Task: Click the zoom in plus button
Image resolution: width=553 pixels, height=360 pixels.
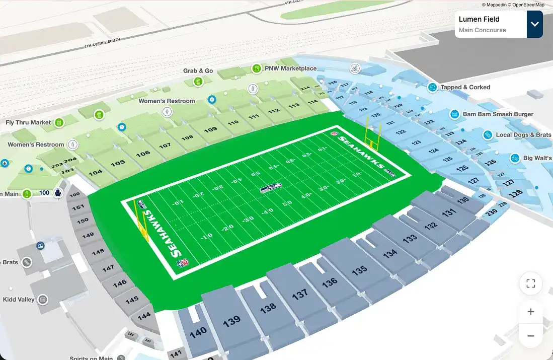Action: tap(530, 312)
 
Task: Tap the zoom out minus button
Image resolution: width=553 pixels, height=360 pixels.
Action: tap(530, 336)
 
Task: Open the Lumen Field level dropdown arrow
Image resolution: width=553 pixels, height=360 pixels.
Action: tap(534, 24)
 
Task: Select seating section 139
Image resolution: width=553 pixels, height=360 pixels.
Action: tap(231, 321)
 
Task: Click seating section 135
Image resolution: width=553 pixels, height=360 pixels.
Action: tap(359, 270)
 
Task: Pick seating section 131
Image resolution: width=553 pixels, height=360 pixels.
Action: tap(449, 213)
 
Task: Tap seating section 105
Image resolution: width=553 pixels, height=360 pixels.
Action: tap(118, 163)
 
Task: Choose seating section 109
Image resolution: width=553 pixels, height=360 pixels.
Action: tap(210, 130)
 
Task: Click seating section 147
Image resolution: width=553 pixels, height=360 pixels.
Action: tap(108, 268)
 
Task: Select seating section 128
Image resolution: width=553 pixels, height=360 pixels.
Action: tap(515, 193)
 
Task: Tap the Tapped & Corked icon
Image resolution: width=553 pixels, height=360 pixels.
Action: tap(432, 87)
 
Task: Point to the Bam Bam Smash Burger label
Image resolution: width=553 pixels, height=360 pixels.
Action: tap(498, 114)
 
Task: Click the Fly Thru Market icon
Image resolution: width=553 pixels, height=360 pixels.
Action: tap(59, 122)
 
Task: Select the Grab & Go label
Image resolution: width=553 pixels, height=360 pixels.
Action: tap(198, 71)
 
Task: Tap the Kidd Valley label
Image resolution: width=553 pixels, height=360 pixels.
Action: tap(19, 300)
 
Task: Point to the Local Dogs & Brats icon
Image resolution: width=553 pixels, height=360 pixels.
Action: tap(487, 135)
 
